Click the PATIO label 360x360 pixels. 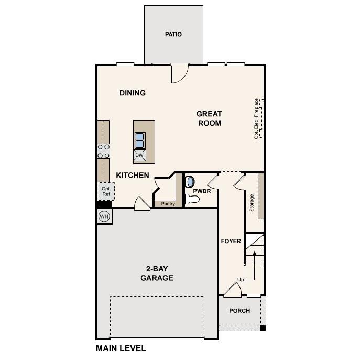173,35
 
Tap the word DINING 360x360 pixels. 132,93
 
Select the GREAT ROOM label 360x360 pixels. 209,118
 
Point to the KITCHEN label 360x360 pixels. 133,176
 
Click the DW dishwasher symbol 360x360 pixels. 139,155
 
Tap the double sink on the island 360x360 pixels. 139,140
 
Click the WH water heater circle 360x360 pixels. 104,216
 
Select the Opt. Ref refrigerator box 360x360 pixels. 106,191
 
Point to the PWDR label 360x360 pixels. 202,192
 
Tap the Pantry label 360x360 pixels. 168,204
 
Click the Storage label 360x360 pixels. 252,202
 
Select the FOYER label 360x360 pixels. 231,241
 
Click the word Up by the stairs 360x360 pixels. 241,280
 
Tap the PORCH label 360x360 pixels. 239,311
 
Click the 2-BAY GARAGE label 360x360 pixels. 156,274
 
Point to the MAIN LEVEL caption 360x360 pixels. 121,348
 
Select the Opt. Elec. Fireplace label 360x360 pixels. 256,118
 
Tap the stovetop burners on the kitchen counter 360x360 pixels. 103,151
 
